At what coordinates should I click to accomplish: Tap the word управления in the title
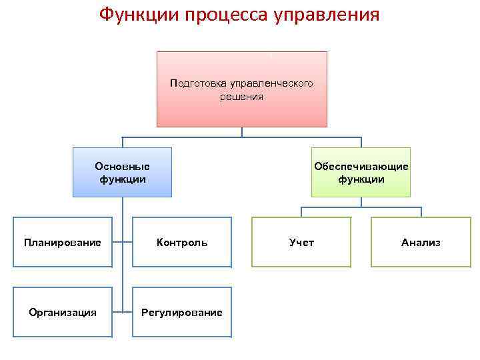[326, 15]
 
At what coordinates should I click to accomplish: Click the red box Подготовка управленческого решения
[242, 89]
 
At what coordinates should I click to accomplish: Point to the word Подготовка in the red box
[199, 84]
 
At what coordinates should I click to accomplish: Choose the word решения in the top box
[241, 97]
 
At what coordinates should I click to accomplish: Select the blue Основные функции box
[122, 172]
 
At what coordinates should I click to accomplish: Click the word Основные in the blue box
[122, 166]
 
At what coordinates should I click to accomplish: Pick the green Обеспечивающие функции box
[361, 172]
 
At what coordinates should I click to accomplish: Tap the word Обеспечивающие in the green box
[361, 166]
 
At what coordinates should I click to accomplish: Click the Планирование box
[63, 243]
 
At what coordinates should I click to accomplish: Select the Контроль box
[182, 243]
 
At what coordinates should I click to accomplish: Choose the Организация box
[63, 312]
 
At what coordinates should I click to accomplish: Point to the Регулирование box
[182, 312]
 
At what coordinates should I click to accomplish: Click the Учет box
[301, 243]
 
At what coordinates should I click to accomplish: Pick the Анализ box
[421, 243]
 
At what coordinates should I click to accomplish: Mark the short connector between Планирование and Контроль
[122, 243]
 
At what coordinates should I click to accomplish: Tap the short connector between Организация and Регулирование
[122, 311]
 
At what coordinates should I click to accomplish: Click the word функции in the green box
[361, 179]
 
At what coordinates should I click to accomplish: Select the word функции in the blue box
[122, 179]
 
